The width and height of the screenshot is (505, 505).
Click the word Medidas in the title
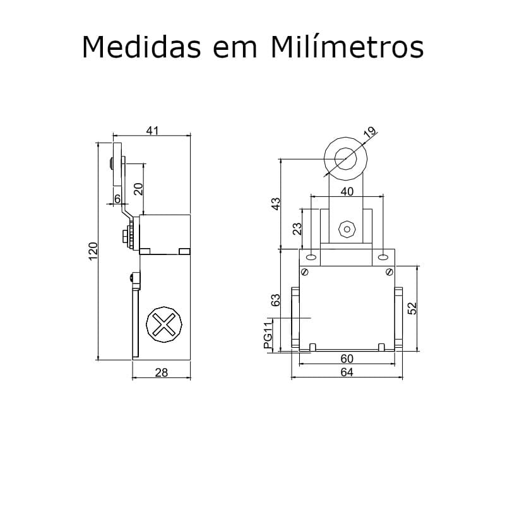[141, 47]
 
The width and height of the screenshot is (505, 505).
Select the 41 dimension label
[152, 131]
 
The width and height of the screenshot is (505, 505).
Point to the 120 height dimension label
[93, 251]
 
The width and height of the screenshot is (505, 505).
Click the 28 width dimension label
[162, 372]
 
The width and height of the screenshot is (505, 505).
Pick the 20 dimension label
[138, 189]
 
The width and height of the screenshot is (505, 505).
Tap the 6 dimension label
[117, 199]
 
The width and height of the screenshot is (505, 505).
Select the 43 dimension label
[276, 204]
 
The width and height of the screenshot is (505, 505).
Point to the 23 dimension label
[297, 229]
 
